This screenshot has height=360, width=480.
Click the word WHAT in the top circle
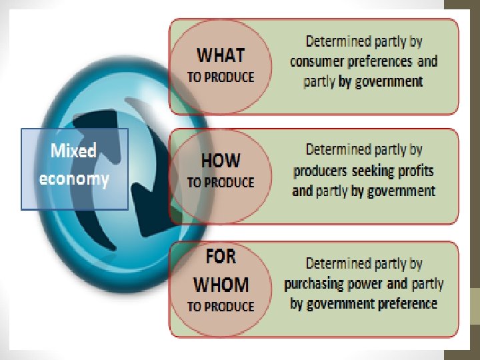click(x=221, y=55)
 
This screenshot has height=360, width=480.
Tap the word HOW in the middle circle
click(x=221, y=160)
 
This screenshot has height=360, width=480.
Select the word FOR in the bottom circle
click(x=221, y=255)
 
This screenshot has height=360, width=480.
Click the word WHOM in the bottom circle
click(x=221, y=285)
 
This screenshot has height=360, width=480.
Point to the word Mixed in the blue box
click(x=73, y=151)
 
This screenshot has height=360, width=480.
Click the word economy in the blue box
click(x=73, y=179)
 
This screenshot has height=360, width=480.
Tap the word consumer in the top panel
click(x=317, y=61)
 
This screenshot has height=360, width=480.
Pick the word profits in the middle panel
click(x=415, y=171)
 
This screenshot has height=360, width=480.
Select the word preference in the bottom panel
click(x=405, y=303)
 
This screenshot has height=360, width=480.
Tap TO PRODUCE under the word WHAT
click(x=221, y=77)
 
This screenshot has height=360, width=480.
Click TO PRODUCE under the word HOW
click(x=221, y=182)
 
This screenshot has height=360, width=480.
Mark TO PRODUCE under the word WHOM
click(x=221, y=307)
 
